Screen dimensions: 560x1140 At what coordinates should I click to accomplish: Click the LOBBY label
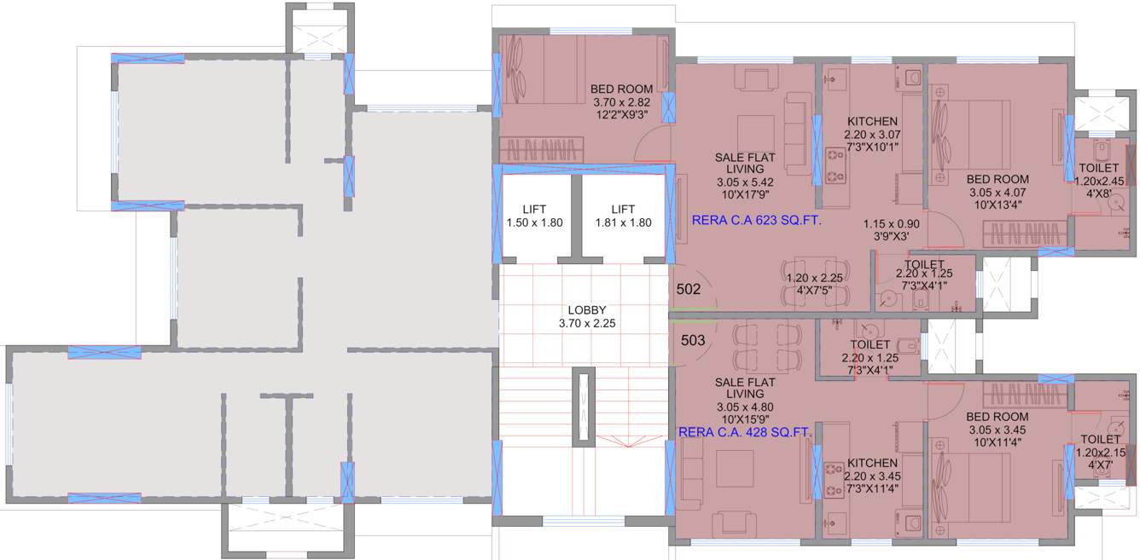click(x=586, y=309)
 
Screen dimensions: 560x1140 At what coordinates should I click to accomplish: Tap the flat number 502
click(x=688, y=289)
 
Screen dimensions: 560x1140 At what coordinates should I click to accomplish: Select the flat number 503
click(x=693, y=340)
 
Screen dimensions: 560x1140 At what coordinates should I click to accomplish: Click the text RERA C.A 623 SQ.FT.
click(x=756, y=221)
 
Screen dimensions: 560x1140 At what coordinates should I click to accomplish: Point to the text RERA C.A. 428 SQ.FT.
click(x=744, y=433)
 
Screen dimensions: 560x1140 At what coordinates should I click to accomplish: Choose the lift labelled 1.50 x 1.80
click(x=534, y=216)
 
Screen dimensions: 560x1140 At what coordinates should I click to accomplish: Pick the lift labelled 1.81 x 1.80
click(x=623, y=216)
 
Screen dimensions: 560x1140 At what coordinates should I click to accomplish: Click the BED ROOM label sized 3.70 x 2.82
click(x=621, y=89)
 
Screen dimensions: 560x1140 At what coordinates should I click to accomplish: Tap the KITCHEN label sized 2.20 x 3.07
click(x=872, y=122)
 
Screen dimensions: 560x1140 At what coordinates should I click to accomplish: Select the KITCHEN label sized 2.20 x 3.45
click(x=872, y=463)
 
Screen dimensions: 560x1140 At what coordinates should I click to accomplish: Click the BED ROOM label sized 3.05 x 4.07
click(x=997, y=180)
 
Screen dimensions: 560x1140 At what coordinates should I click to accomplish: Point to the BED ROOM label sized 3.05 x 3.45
click(x=997, y=417)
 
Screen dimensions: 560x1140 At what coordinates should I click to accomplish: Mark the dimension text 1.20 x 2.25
click(x=814, y=278)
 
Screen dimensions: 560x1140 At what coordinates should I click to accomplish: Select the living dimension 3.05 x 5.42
click(x=745, y=182)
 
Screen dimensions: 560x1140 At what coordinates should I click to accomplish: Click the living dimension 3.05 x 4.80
click(x=745, y=407)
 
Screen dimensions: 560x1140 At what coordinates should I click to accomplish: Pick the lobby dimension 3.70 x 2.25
click(x=586, y=323)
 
